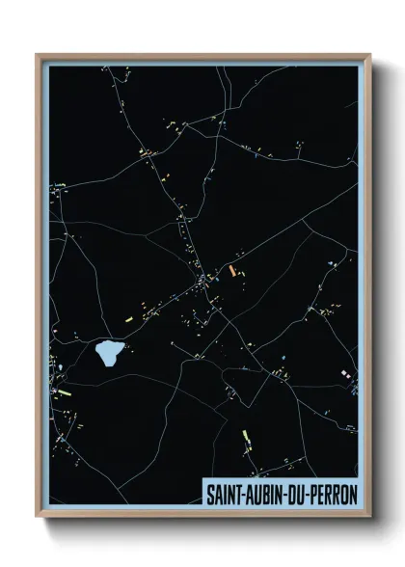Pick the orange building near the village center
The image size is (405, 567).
231,271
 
